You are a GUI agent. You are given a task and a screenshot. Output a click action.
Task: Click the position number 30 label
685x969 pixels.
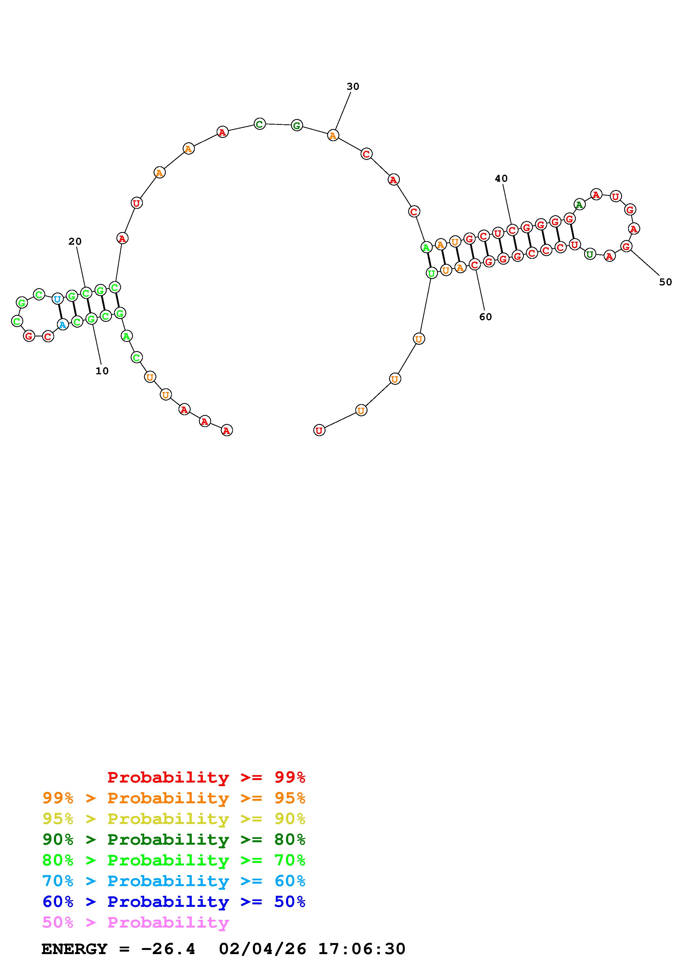click(x=353, y=86)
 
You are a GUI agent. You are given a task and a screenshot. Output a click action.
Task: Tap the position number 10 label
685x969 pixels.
click(x=102, y=371)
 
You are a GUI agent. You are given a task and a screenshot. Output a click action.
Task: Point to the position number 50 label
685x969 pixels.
click(x=666, y=282)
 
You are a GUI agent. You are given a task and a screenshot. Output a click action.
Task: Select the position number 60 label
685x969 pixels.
click(x=486, y=317)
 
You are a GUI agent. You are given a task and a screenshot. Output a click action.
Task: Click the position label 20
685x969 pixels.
click(x=75, y=241)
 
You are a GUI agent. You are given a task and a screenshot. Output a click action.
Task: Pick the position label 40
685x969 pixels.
click(x=502, y=178)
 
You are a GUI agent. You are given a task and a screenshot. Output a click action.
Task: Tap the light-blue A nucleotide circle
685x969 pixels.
click(x=62, y=325)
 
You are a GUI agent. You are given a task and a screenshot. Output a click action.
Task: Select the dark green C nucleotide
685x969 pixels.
click(x=259, y=124)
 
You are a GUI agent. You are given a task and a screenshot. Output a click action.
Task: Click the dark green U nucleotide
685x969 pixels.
click(x=590, y=254)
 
